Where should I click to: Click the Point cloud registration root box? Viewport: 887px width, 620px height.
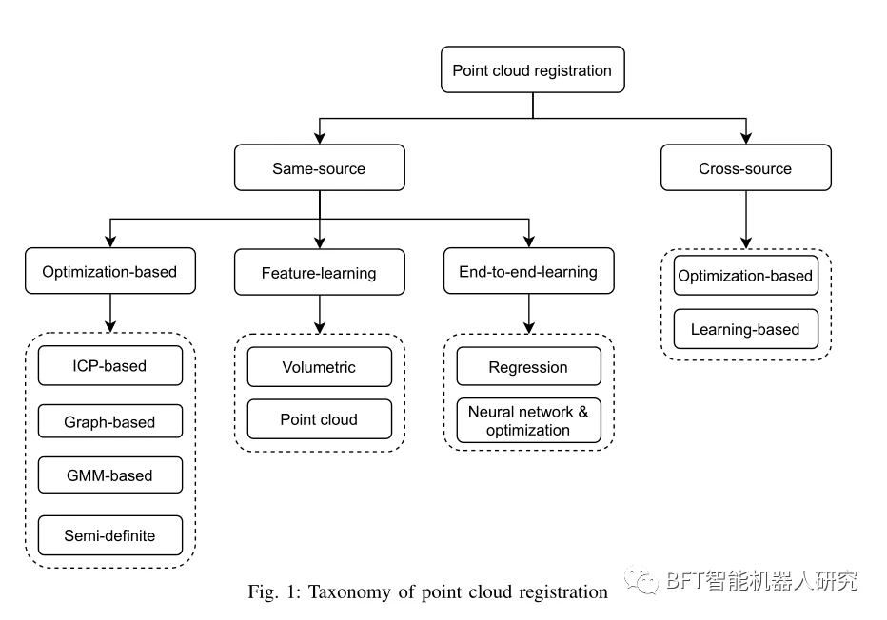(x=532, y=69)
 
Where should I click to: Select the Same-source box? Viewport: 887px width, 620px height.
(x=320, y=167)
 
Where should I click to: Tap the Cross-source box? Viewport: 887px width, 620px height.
(x=745, y=167)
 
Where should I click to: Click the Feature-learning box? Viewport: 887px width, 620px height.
(x=320, y=272)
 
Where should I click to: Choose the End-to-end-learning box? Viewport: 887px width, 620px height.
(x=529, y=271)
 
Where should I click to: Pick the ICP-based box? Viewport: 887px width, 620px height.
(x=110, y=366)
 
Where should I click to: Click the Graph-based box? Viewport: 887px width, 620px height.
(x=110, y=421)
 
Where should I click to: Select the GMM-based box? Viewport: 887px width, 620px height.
(x=110, y=475)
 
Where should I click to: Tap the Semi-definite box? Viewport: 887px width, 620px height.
(x=110, y=535)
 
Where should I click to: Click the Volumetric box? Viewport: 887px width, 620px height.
(x=320, y=367)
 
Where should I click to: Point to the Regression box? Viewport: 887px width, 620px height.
(x=529, y=366)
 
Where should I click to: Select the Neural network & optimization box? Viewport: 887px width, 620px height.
(x=529, y=420)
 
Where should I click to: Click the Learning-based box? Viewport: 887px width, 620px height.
(x=745, y=328)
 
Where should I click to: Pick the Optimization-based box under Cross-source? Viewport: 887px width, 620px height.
(x=745, y=275)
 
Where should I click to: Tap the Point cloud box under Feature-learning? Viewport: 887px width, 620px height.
(x=320, y=418)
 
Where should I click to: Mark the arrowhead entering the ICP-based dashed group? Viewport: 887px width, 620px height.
(x=110, y=327)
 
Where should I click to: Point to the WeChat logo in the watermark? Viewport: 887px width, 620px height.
(x=641, y=580)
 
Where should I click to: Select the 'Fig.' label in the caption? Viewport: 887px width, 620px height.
(x=263, y=591)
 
